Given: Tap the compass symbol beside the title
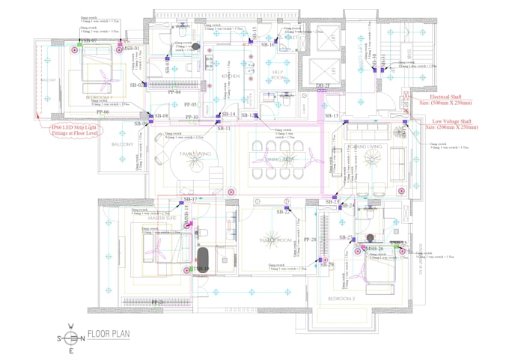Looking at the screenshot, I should point(71,337).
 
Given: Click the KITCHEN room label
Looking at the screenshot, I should point(230,76).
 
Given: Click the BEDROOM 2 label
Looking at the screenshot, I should point(341,298).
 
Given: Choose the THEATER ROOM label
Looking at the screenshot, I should point(274,240).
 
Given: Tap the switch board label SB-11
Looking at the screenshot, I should point(224,128).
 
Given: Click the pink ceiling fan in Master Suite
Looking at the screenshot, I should point(164,246).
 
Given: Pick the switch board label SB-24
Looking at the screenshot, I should point(348,205).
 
